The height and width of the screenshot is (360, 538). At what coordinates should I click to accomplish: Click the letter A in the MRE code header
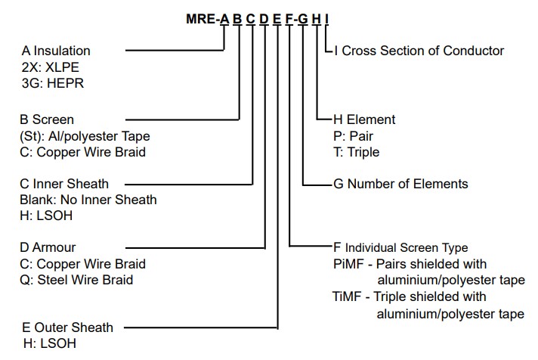tap(224, 19)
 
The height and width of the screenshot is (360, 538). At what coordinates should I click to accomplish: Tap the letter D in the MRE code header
tap(264, 19)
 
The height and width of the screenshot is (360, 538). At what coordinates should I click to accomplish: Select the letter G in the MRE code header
tap(302, 19)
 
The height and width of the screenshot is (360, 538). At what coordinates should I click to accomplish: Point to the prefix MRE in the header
tap(201, 19)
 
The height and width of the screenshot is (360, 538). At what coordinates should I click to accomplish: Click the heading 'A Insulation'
tap(56, 51)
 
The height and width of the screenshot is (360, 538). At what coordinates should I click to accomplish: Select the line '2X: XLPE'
tap(51, 67)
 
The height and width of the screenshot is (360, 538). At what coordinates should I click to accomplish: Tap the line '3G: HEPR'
tap(53, 83)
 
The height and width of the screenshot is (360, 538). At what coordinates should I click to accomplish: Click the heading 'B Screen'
tap(47, 119)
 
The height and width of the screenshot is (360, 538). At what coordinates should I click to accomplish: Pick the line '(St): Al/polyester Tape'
tap(85, 136)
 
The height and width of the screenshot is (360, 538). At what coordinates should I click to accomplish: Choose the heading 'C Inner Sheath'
tap(64, 184)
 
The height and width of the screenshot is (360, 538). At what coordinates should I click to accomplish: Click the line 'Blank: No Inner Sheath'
tap(88, 200)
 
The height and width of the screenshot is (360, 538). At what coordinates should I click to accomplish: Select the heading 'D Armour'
tap(48, 247)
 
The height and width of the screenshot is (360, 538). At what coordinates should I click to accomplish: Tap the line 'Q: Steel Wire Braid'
tap(76, 280)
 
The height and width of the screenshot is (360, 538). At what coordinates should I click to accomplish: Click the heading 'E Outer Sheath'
tap(67, 327)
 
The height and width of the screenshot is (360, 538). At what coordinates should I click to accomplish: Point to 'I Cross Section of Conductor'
tap(419, 51)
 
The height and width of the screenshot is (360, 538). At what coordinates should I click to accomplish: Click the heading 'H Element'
tap(364, 119)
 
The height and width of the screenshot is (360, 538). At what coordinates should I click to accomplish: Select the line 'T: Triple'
tap(357, 152)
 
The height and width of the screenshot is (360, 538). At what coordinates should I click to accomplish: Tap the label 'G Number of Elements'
tap(400, 184)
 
